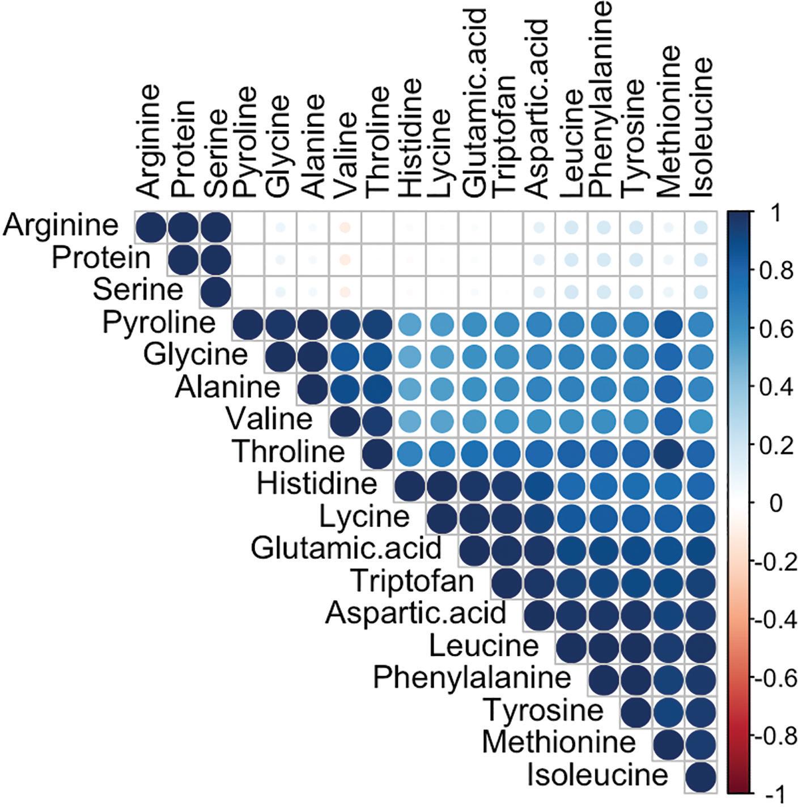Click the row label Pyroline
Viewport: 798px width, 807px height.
pos(159,323)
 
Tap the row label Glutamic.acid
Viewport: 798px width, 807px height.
pos(346,549)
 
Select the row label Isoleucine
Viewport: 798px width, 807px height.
pos(598,775)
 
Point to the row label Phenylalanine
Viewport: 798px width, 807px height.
pos(472,677)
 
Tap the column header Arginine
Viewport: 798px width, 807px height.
pos(149,142)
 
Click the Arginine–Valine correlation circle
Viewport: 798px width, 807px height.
pos(345,227)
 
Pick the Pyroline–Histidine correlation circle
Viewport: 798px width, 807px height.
pos(410,324)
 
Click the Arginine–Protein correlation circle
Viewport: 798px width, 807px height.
pos(183,227)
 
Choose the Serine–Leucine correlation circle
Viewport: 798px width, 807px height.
pos(571,292)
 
